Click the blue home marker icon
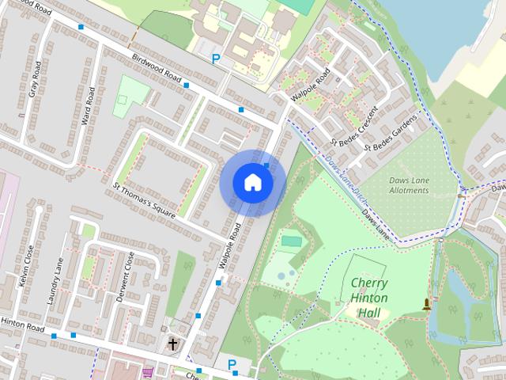tap(252, 183)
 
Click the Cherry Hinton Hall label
tap(369, 298)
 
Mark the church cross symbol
tap(173, 344)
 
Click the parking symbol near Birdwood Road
tap(216, 58)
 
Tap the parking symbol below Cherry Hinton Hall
tap(232, 364)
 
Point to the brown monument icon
tap(428, 304)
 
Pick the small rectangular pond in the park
tap(291, 241)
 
